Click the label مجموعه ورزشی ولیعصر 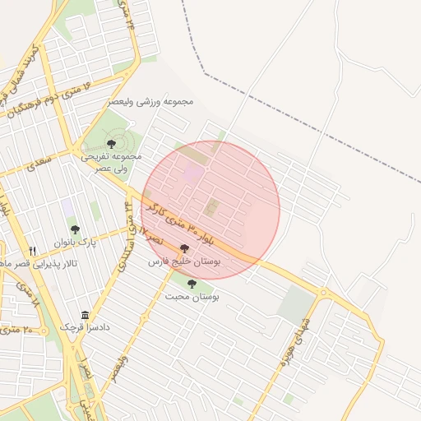tap(150, 102)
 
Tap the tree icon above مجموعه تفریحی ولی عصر tap(111, 145)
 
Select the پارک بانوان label tap(76, 243)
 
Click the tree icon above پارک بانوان tap(75, 230)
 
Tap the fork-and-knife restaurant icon tap(32, 251)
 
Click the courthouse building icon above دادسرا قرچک tap(86, 315)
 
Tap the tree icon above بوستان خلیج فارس tap(183, 248)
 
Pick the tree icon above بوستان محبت tap(192, 284)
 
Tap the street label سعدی tap(39, 160)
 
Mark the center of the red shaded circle tap(210, 210)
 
